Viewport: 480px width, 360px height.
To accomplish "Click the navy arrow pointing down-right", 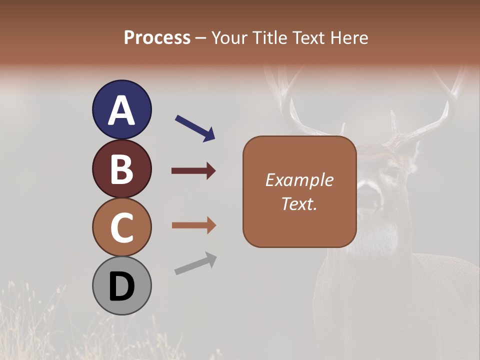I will [194, 127].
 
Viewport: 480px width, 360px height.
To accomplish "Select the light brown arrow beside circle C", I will [193, 225].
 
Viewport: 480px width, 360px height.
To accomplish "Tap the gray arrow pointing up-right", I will [195, 263].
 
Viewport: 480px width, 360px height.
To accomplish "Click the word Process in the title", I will [157, 37].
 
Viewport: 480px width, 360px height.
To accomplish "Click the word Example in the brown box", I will [299, 180].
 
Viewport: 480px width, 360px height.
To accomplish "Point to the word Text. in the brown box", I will [299, 203].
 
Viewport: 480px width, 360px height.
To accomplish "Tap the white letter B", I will [121, 169].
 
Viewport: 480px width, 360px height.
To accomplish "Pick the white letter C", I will [121, 227].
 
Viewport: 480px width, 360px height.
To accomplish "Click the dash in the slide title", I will [201, 38].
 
